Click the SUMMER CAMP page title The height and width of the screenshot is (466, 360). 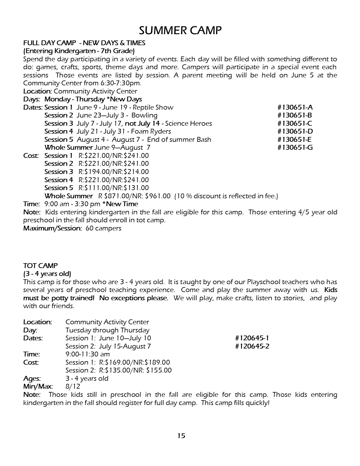(180, 30)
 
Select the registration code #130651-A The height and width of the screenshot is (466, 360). (295, 107)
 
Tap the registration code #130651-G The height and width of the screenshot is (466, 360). (295, 147)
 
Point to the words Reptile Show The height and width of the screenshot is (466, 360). (153, 107)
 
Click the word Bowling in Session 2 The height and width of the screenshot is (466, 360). (145, 115)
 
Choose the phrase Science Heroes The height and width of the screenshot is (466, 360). (188, 123)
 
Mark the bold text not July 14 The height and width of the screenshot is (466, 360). (142, 123)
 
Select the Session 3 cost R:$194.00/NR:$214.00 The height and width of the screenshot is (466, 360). (114, 172)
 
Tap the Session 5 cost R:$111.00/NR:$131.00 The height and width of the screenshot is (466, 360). (114, 188)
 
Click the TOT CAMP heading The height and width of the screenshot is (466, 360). (40, 266)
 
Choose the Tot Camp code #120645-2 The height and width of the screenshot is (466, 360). (252, 346)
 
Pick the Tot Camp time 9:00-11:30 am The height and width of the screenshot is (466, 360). (88, 354)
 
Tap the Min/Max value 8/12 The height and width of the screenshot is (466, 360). (73, 386)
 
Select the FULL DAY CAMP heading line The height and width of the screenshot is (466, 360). (84, 43)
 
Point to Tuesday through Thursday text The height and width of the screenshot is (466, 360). (107, 330)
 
